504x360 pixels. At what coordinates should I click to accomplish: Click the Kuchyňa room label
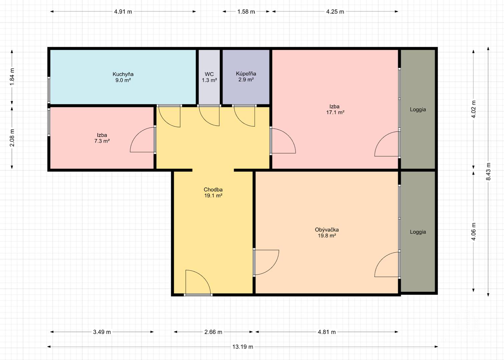tap(123, 77)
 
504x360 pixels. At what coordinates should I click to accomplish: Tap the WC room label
tap(209, 77)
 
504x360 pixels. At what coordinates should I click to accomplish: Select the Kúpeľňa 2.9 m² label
tap(246, 76)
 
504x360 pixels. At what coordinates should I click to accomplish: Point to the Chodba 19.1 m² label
tap(213, 192)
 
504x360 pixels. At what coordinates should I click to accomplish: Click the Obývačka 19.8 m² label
tap(327, 233)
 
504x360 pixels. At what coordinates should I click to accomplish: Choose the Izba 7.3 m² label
tap(102, 138)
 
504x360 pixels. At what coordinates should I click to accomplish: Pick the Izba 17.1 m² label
tap(335, 109)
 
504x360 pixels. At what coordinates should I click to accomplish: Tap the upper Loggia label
tap(418, 110)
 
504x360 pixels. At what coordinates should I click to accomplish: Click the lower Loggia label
tap(418, 232)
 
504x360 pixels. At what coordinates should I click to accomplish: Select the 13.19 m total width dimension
tap(242, 347)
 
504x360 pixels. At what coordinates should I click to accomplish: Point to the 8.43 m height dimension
tap(488, 171)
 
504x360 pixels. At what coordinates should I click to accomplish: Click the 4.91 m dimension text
tap(123, 12)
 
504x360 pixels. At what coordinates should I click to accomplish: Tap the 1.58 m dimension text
tap(246, 12)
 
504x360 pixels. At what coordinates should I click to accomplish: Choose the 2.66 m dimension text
tap(213, 332)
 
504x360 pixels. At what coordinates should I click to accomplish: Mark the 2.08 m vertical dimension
tap(12, 138)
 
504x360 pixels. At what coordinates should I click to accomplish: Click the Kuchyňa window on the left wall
tap(49, 90)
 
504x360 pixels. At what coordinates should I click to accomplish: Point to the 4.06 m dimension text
tap(474, 231)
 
